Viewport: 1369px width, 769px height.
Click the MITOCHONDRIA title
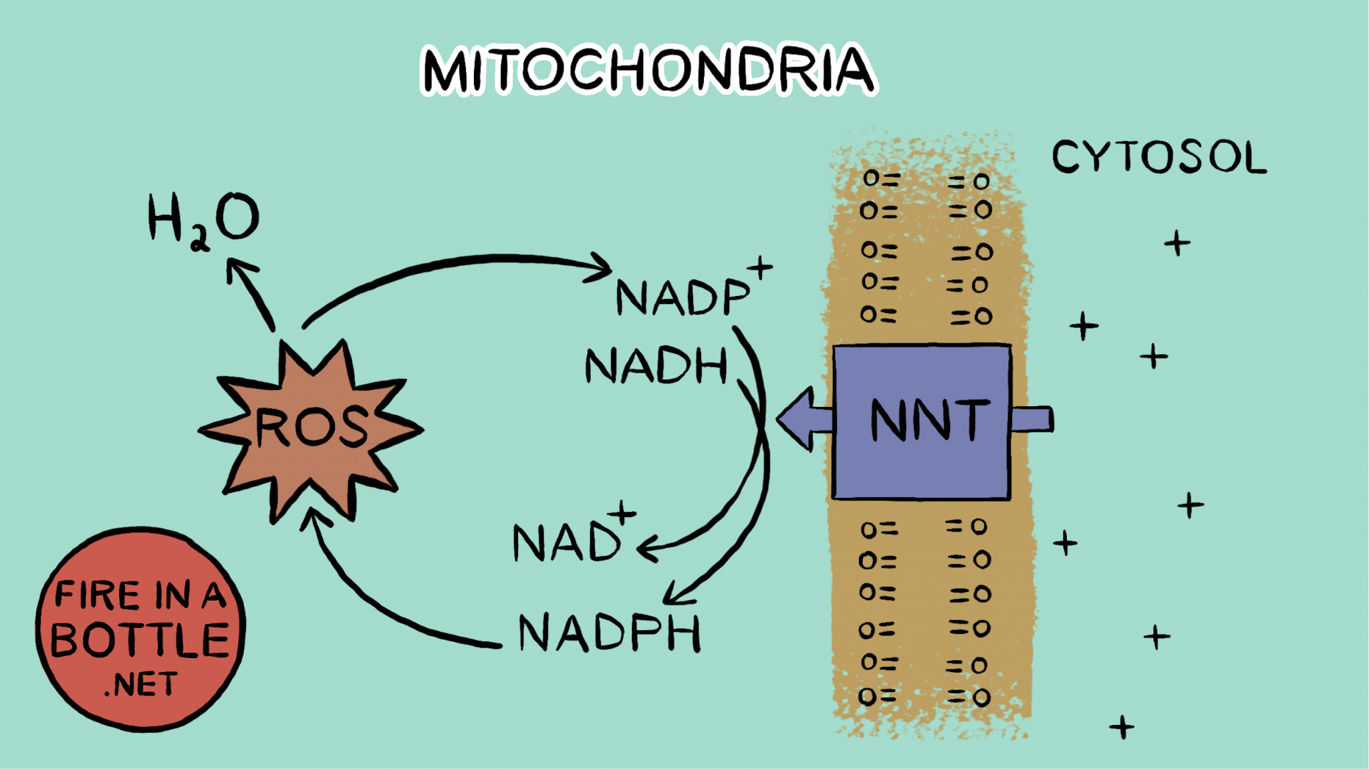tap(647, 69)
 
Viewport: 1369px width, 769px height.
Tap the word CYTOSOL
tap(1158, 158)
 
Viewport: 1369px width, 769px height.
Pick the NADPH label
tap(610, 633)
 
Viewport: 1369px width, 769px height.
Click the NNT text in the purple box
tap(929, 420)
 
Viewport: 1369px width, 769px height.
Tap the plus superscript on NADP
tap(760, 268)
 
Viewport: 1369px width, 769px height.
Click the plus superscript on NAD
tap(622, 512)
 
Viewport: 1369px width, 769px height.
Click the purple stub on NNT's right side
tap(1032, 420)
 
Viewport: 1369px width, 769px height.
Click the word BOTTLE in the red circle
tap(140, 639)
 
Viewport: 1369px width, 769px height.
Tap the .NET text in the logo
tap(141, 685)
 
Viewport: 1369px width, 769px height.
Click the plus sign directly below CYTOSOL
tap(1176, 243)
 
